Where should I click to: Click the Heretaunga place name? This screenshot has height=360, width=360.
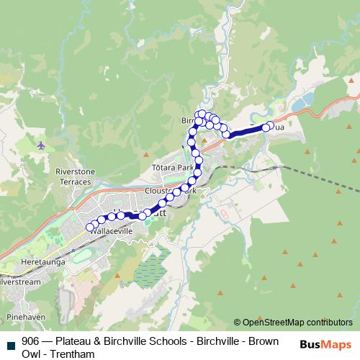pyautogui.click(x=44, y=262)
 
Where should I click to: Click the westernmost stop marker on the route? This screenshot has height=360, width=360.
pyautogui.click(x=91, y=228)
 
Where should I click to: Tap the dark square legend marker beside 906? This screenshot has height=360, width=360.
pyautogui.click(x=10, y=343)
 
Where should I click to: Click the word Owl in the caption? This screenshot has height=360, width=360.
pyautogui.click(x=31, y=354)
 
